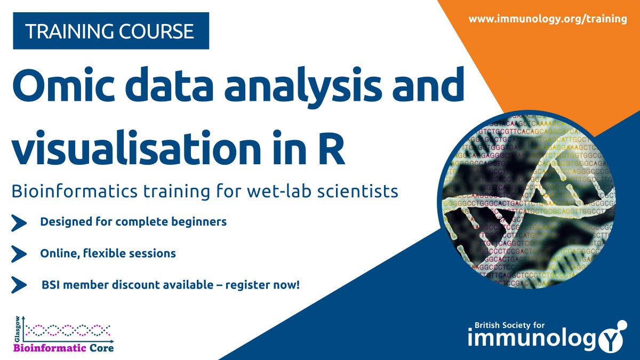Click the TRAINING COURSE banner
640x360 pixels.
(x=111, y=32)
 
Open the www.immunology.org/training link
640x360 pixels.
(x=548, y=19)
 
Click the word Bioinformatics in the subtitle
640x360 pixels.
(x=75, y=191)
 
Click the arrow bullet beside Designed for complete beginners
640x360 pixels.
(x=19, y=223)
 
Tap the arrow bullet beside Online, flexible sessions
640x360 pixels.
(x=19, y=254)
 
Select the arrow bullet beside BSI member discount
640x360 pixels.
(x=19, y=285)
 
